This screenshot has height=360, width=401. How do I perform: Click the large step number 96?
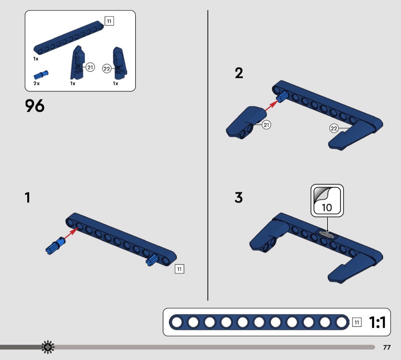click(35, 106)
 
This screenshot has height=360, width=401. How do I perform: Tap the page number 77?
click(386, 347)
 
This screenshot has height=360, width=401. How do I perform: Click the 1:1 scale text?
click(377, 322)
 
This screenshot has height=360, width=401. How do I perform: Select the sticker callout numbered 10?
click(327, 201)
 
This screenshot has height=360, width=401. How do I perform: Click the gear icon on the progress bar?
click(48, 347)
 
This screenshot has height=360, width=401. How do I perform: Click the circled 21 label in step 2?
click(266, 125)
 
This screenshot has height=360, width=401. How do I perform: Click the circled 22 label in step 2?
click(334, 128)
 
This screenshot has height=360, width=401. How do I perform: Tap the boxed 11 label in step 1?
click(179, 269)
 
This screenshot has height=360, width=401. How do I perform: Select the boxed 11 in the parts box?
click(109, 21)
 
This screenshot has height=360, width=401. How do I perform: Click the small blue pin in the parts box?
click(41, 75)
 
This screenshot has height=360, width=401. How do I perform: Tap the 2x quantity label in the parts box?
click(37, 83)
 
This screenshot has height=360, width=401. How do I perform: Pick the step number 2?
click(239, 73)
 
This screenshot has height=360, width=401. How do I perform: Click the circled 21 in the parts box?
click(90, 67)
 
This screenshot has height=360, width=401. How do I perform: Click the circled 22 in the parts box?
click(107, 68)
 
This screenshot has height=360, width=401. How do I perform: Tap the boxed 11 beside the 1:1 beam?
click(357, 322)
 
